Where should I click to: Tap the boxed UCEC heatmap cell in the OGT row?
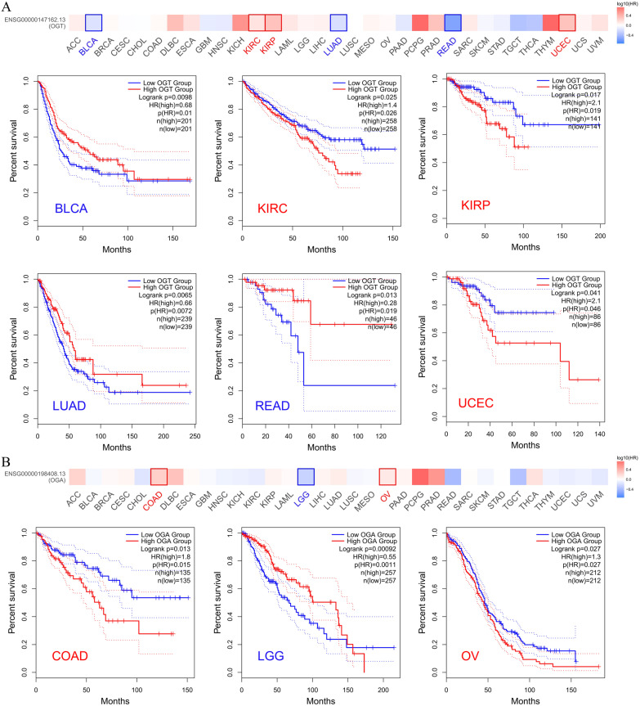pos(567,23)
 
